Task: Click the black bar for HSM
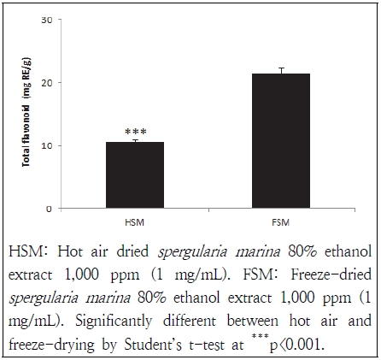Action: click(135, 174)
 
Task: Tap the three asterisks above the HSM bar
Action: click(135, 133)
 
